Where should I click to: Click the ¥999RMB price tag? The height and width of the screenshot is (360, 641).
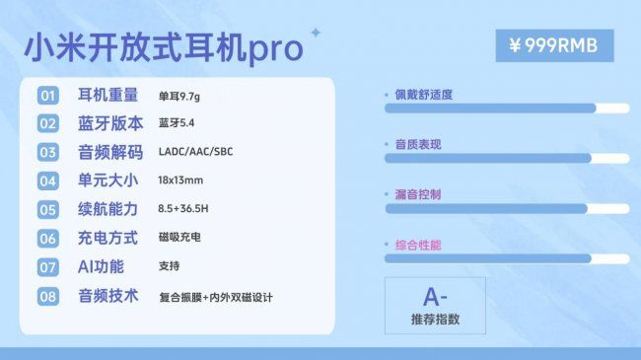554,45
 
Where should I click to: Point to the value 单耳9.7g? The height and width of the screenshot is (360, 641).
185,96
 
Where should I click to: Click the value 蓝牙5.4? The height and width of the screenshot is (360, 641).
177,124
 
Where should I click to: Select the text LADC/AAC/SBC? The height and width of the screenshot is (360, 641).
195,153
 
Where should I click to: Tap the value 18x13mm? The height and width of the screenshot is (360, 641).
180,181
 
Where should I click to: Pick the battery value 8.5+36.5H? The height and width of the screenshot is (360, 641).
184,209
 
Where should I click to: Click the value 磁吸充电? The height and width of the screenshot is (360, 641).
178,238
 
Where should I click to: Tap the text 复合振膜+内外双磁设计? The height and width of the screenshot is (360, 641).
215,296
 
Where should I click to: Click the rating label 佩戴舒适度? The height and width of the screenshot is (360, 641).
424,95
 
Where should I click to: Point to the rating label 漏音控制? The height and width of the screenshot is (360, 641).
418,194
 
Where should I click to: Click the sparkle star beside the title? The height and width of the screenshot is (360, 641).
316,33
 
